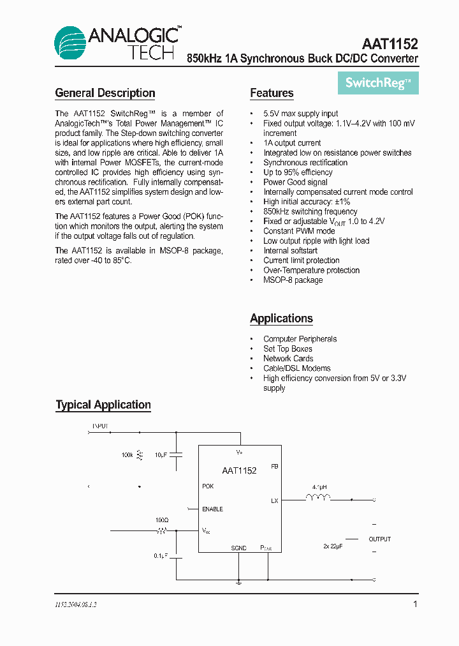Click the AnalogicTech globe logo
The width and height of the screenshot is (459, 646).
(71, 44)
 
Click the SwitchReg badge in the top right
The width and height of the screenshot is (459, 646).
(378, 83)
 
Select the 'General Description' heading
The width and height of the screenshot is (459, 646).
(105, 93)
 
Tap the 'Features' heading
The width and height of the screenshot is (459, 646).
(272, 93)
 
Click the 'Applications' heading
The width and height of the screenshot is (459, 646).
(281, 319)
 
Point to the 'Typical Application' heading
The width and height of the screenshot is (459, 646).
(103, 405)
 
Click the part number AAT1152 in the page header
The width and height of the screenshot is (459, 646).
(390, 44)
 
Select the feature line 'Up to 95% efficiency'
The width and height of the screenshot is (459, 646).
(298, 172)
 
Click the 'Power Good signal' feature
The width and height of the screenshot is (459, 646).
(295, 182)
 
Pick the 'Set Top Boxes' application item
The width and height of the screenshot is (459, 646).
(288, 349)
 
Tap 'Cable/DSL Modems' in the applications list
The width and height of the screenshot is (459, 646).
(297, 368)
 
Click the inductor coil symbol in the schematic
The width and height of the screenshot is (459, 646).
(318, 497)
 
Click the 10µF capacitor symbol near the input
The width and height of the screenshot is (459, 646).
(178, 454)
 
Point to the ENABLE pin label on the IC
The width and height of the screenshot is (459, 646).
(212, 509)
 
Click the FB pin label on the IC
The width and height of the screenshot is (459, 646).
(274, 467)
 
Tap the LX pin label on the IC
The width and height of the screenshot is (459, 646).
(274, 501)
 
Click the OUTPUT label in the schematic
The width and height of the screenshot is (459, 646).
(380, 539)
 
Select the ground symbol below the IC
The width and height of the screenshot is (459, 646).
(238, 582)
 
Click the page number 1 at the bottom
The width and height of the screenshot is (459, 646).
(415, 604)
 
